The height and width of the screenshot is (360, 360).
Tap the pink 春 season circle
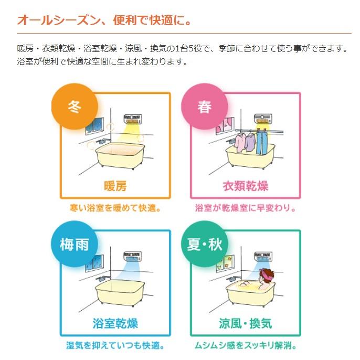pyautogui.click(x=204, y=107)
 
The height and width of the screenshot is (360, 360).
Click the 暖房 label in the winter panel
pyautogui.click(x=114, y=186)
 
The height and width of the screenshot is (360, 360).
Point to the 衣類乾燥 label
pyautogui.click(x=245, y=186)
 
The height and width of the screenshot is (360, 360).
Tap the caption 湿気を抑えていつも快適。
pyautogui.click(x=115, y=346)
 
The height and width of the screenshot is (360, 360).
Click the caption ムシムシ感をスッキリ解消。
pyautogui.click(x=245, y=346)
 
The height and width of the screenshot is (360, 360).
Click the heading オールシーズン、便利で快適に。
pyautogui.click(x=104, y=21)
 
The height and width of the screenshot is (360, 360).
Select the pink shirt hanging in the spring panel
pyautogui.click(x=241, y=141)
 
